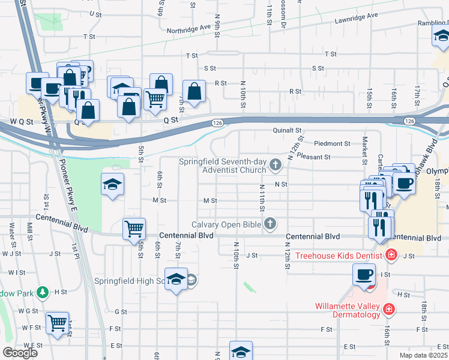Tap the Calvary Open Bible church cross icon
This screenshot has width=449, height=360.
(270, 224)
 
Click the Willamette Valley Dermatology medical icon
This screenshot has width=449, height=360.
(390, 309)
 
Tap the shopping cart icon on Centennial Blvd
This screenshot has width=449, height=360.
(134, 229)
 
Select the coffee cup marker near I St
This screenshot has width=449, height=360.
(364, 275)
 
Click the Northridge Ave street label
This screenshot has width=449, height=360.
(189, 28)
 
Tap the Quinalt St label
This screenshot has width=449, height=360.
(287, 130)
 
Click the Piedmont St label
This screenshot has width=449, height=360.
(332, 144)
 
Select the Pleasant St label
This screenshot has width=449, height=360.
(315, 157)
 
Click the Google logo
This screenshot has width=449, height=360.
(20, 353)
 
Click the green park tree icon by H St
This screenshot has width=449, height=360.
(42, 293)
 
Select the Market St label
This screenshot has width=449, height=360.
(364, 151)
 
